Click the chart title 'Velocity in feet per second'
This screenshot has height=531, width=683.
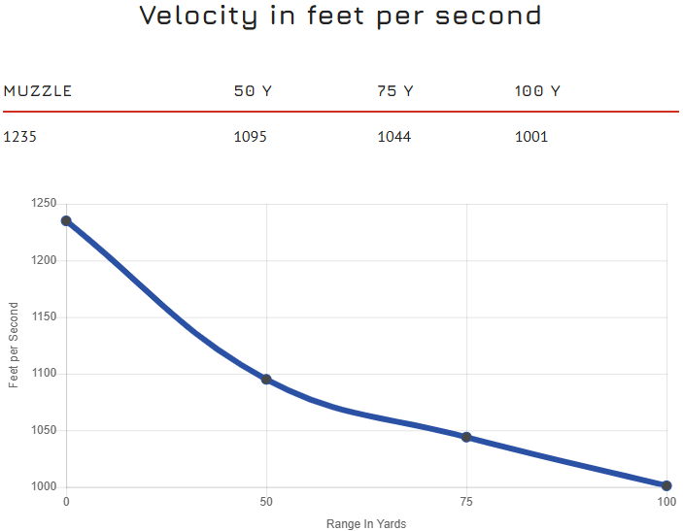pos(340,17)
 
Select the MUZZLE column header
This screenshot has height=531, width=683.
pos(38,91)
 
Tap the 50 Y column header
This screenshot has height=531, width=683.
pos(253,91)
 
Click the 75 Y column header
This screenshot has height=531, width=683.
pos(395,91)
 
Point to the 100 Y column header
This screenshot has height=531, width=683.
pos(537,91)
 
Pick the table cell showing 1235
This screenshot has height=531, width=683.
pos(20,137)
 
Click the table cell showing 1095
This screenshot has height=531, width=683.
pos(251,137)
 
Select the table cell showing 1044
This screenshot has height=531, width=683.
pos(394,137)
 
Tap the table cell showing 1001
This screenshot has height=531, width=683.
pos(531,137)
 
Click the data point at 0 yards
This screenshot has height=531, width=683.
pos(66,220)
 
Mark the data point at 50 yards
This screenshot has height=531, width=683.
pos(266,380)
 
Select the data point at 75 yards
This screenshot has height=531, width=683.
pos(466,437)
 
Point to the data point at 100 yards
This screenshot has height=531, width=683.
pos(666,485)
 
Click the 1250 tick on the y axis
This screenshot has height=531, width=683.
pos(43,204)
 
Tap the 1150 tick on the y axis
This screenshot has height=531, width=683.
pos(43,317)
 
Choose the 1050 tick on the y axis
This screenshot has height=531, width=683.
pos(43,431)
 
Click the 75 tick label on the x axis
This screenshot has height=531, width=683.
pos(466,502)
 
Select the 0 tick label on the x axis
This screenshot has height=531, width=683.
pos(66,502)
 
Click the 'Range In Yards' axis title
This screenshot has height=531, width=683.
pos(366,524)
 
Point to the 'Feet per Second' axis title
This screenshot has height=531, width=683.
pos(14,346)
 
